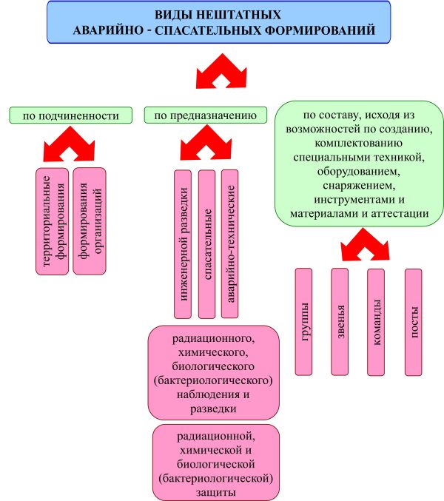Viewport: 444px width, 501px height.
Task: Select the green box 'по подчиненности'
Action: tap(70, 115)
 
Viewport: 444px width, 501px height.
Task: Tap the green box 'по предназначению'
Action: tap(205, 115)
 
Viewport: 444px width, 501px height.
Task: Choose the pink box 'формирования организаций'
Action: tap(90, 221)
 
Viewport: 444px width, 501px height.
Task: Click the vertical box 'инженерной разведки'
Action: tap(183, 244)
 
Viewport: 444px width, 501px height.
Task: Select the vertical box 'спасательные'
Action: tap(207, 244)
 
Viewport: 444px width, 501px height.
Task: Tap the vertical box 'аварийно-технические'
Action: tap(230, 244)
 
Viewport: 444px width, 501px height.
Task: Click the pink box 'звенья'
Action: tap(340, 320)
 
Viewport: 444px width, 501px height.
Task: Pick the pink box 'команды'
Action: tap(376, 320)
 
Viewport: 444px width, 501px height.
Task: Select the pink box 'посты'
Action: tap(413, 320)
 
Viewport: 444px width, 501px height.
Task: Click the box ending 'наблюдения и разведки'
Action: tap(214, 372)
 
